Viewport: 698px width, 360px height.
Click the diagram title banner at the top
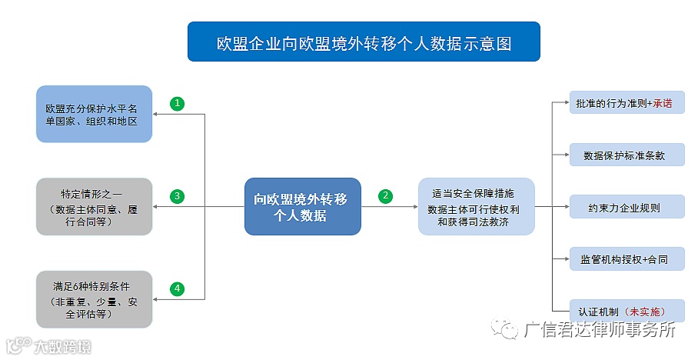point(364,42)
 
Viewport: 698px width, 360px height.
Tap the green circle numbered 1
point(178,103)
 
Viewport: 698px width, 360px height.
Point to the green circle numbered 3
point(178,196)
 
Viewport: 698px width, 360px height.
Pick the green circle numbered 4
point(178,289)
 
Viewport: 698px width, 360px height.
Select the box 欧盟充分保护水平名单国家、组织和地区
point(94,114)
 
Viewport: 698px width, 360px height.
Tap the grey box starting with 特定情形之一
point(94,207)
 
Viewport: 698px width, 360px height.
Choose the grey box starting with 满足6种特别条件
point(94,299)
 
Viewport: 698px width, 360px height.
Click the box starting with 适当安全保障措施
point(476,207)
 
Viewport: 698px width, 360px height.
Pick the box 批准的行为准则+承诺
point(627,103)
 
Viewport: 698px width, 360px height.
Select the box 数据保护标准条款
point(627,155)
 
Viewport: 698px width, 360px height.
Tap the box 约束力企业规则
point(627,207)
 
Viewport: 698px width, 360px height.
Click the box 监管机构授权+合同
point(627,259)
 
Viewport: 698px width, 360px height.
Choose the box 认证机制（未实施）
point(627,311)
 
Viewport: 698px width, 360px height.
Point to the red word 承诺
point(663,103)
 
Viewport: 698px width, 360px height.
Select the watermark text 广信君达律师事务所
point(600,331)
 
